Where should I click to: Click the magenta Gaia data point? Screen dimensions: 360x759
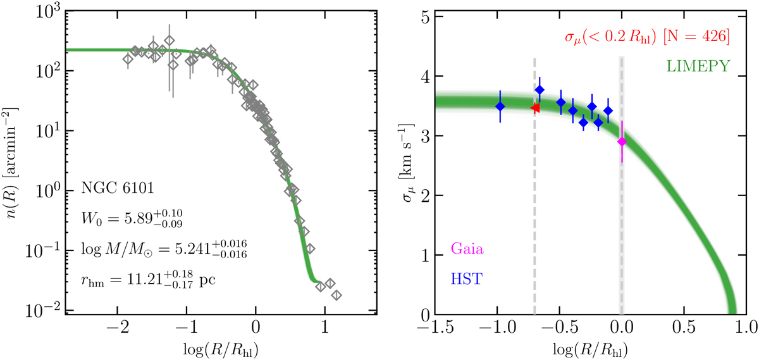(x=622, y=142)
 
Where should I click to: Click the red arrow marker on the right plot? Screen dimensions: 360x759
(x=535, y=108)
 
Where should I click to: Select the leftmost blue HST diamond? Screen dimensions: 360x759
(x=500, y=106)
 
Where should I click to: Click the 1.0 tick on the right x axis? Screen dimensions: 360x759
(x=747, y=331)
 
